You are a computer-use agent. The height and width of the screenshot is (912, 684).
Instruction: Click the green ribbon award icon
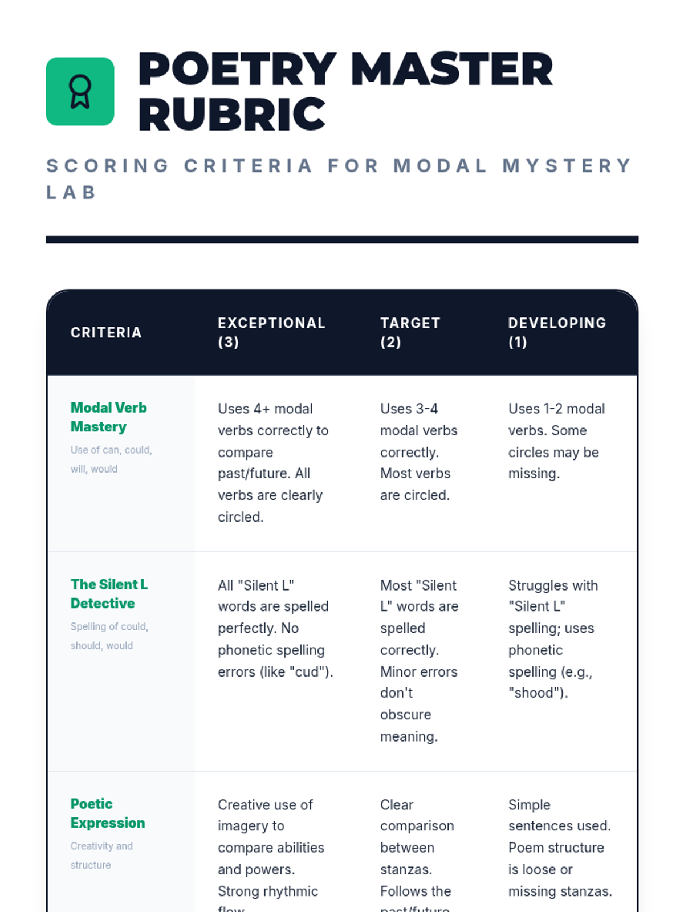pyautogui.click(x=80, y=91)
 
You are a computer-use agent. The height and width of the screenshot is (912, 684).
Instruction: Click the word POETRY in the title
pyautogui.click(x=237, y=70)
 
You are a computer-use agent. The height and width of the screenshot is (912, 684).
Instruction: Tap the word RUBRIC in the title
pyautogui.click(x=231, y=115)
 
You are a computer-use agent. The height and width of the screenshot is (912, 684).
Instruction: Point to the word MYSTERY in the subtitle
pyautogui.click(x=567, y=166)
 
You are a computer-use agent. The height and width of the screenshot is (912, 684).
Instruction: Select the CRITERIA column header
pyautogui.click(x=106, y=332)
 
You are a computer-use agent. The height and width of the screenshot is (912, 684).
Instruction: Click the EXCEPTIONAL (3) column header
pyautogui.click(x=271, y=332)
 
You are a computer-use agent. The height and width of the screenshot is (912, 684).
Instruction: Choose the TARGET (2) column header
pyautogui.click(x=410, y=332)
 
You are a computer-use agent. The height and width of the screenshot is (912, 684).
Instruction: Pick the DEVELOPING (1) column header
pyautogui.click(x=557, y=332)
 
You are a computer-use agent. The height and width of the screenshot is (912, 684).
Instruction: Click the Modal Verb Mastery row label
pyautogui.click(x=108, y=417)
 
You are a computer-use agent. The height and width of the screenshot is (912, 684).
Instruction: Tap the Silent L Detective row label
pyautogui.click(x=109, y=594)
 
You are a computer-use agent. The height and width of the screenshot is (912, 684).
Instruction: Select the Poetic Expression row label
pyautogui.click(x=107, y=813)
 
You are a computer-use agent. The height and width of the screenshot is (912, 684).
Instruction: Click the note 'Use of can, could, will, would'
pyautogui.click(x=111, y=459)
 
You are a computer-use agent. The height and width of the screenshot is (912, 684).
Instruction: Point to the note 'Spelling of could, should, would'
pyautogui.click(x=109, y=636)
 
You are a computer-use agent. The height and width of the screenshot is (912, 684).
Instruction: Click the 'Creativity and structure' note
pyautogui.click(x=101, y=856)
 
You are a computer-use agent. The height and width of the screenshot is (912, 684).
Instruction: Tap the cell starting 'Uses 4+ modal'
pyautogui.click(x=274, y=463)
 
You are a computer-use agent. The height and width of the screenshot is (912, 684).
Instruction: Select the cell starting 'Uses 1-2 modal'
pyautogui.click(x=556, y=441)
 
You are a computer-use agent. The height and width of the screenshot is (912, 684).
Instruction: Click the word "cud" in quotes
pyautogui.click(x=310, y=672)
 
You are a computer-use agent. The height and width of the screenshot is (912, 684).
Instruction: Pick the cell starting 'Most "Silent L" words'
pyautogui.click(x=419, y=661)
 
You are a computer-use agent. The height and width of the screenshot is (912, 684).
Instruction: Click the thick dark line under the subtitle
pyautogui.click(x=342, y=240)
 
